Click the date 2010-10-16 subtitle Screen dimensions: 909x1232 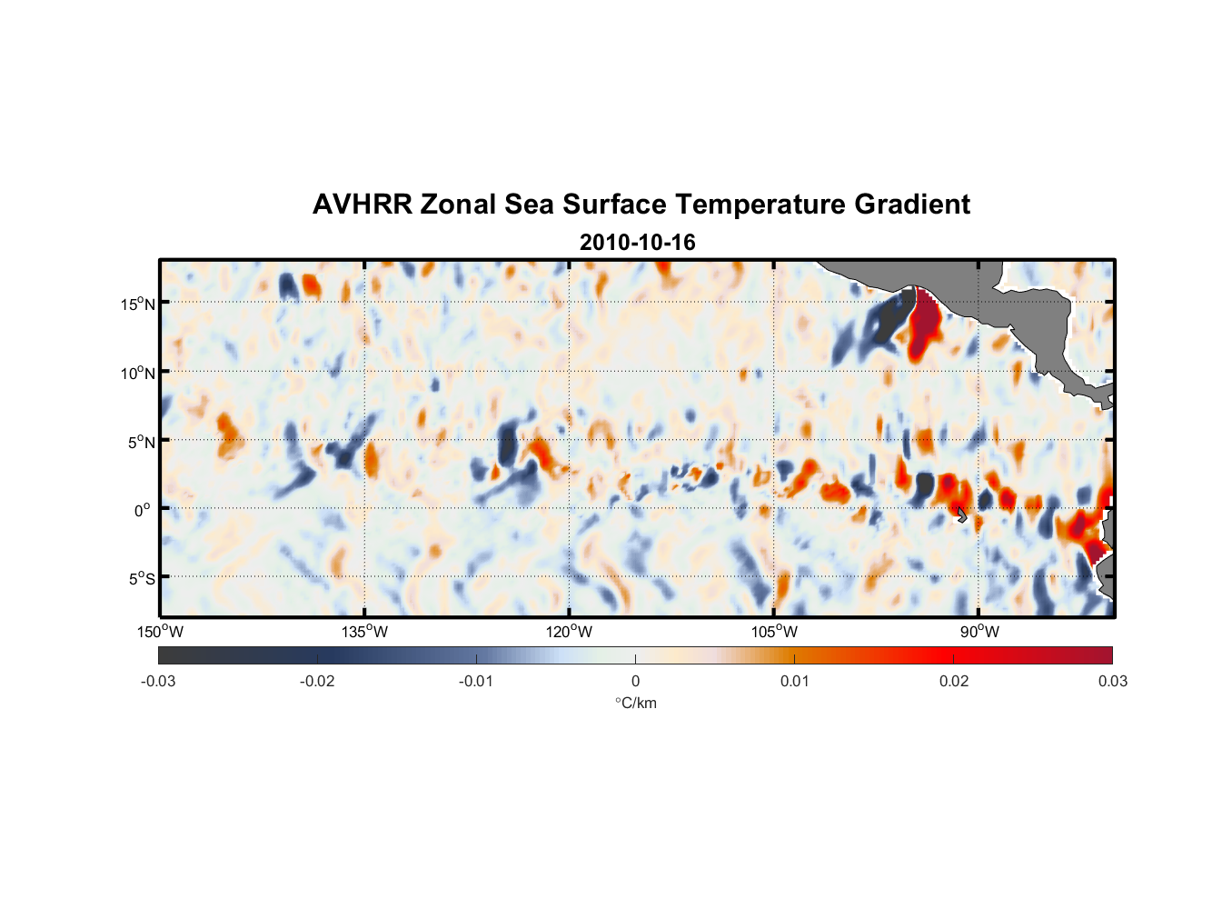click(x=637, y=243)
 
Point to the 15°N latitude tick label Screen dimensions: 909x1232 click(x=138, y=304)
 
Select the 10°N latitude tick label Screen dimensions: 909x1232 click(x=138, y=373)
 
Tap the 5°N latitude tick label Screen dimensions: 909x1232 click(x=141, y=442)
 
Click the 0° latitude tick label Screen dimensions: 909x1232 click(x=143, y=510)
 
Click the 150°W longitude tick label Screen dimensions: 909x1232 click(x=160, y=632)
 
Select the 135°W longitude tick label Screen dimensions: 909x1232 click(x=364, y=632)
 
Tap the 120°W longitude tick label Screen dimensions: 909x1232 click(x=569, y=632)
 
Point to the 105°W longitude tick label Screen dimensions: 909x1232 click(x=774, y=632)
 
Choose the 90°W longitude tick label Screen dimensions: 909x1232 click(x=979, y=632)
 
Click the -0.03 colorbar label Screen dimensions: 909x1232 click(x=158, y=681)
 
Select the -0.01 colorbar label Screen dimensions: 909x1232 click(x=475, y=681)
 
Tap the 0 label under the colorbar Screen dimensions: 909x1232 click(x=635, y=681)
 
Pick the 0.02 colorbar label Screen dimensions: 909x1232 click(x=954, y=681)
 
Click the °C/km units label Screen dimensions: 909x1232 click(x=635, y=703)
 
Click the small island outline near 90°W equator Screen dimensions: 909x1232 click(x=962, y=515)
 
